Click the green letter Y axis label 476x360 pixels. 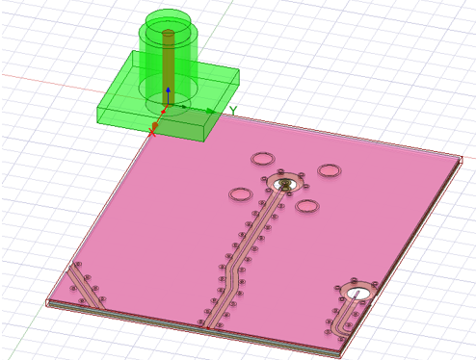(232, 112)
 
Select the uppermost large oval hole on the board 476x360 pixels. (263, 159)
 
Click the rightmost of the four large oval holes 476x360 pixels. (330, 170)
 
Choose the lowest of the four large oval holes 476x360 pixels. (307, 206)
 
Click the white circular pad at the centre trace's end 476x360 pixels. (284, 183)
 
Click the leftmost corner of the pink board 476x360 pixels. (48, 301)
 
